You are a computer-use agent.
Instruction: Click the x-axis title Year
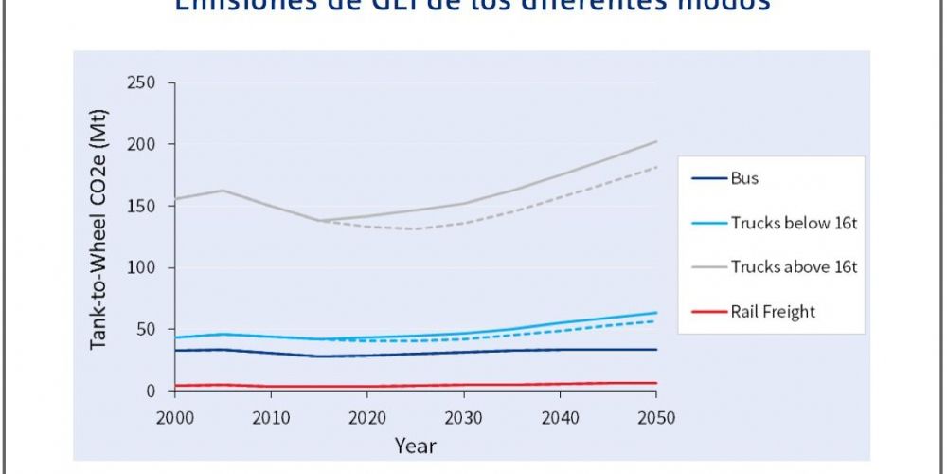(x=415, y=444)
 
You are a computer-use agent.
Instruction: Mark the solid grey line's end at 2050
(x=656, y=142)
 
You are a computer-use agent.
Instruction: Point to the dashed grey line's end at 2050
(x=656, y=167)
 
